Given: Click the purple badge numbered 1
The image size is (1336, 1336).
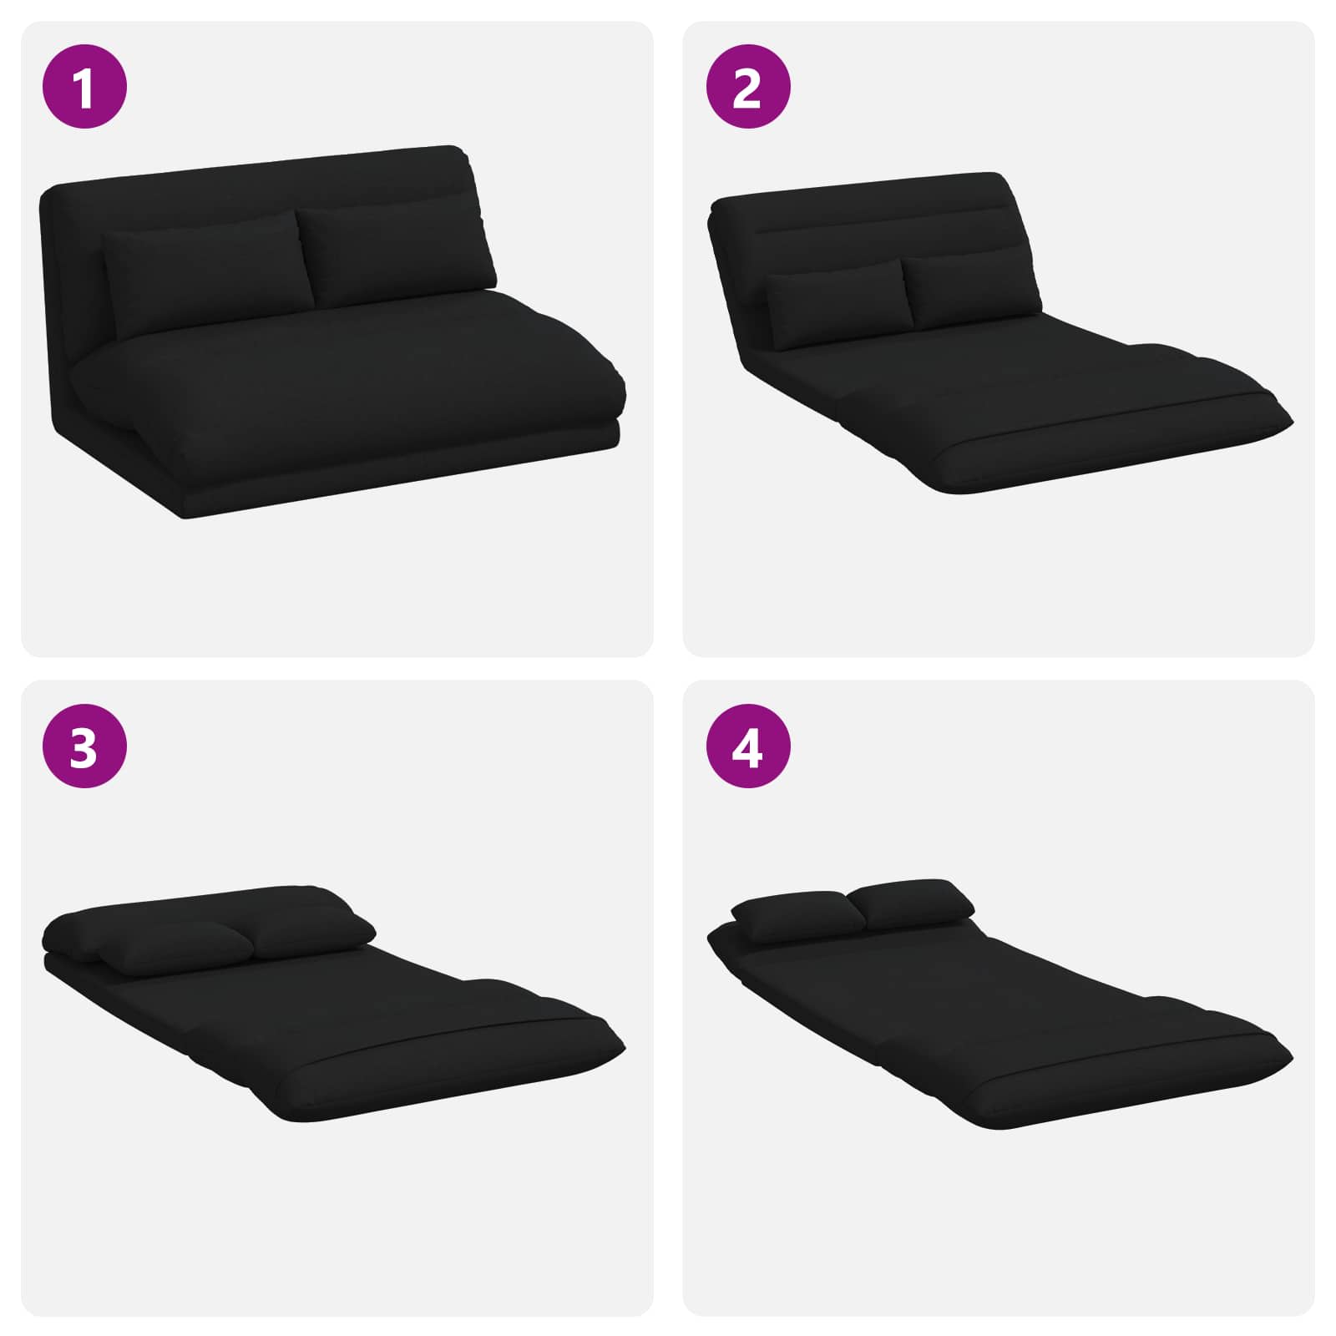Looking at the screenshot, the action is pos(84,86).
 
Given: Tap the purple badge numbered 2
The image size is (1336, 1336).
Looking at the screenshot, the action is pos(747,86).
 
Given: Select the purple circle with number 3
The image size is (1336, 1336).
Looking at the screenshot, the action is pos(84,746).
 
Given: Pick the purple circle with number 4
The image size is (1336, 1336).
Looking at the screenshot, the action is pos(747,746).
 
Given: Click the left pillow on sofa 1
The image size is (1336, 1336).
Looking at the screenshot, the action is pos(206,274).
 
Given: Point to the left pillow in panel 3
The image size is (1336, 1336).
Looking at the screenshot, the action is pos(177,949).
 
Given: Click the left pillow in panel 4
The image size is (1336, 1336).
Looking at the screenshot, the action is pos(799,917).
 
